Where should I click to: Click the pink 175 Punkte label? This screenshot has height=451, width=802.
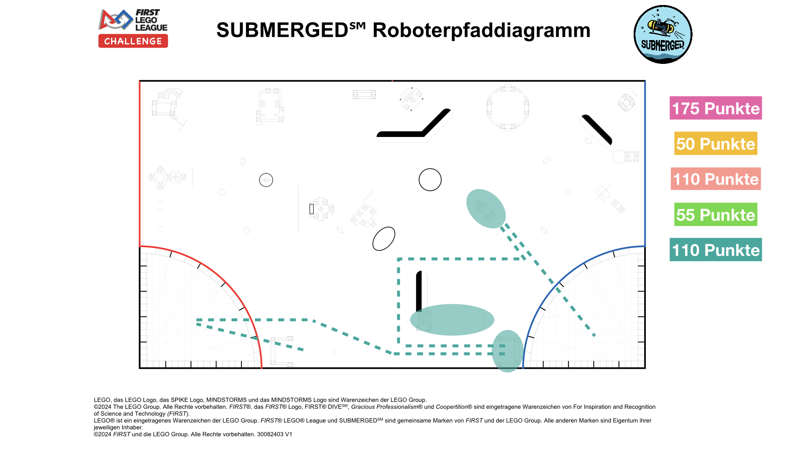click(716, 108)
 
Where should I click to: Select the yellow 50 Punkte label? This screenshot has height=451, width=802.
click(716, 144)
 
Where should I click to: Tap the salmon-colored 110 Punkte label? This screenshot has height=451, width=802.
click(716, 179)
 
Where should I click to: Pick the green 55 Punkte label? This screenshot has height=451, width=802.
click(716, 215)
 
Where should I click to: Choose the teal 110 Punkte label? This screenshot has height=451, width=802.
click(716, 250)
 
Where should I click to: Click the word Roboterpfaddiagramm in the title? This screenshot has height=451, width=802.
click(481, 30)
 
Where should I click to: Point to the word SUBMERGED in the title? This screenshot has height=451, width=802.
click(282, 30)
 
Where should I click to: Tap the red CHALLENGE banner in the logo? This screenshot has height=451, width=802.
click(133, 41)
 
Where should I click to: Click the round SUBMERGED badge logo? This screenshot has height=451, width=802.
click(663, 34)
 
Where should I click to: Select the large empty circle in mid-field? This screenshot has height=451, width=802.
click(430, 180)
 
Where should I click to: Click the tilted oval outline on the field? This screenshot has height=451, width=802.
click(383, 239)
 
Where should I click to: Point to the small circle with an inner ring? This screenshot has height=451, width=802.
click(266, 180)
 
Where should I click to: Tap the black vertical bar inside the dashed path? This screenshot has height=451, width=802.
click(419, 290)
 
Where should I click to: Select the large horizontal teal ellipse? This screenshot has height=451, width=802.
click(452, 319)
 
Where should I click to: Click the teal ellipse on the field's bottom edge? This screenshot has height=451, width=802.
click(508, 351)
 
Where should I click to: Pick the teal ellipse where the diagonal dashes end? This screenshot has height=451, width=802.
click(485, 208)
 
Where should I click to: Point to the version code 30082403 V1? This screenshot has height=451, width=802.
click(274, 434)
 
